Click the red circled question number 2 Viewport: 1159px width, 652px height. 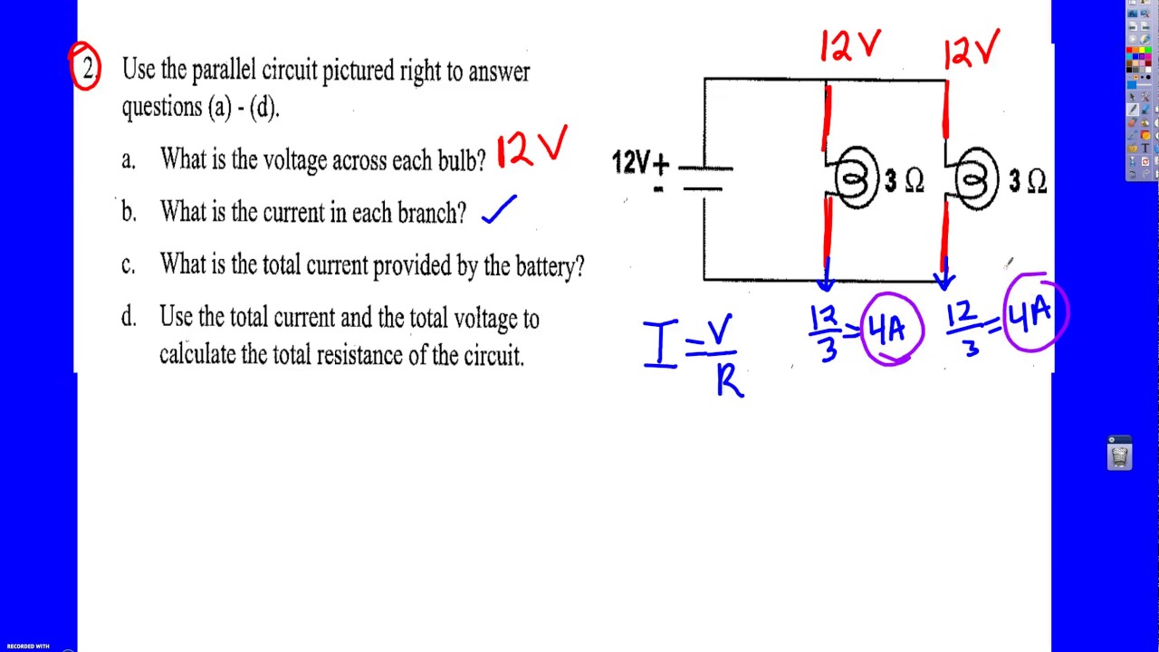[85, 66]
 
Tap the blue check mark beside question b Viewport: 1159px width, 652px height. [499, 209]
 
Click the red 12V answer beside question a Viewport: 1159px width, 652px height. [532, 147]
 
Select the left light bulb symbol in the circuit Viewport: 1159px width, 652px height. [856, 177]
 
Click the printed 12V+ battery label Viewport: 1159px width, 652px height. [640, 163]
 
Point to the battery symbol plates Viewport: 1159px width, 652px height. [704, 178]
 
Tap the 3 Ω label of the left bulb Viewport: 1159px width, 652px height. [904, 181]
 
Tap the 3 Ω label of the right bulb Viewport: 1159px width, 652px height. [1028, 182]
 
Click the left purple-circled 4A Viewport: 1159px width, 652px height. [892, 329]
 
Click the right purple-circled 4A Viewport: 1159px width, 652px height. [1035, 312]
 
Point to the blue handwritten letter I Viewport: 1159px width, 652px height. [661, 343]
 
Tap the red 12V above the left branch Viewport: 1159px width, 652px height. [850, 45]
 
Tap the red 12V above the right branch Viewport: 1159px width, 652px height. [972, 49]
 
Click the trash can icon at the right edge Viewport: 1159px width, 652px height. [1119, 454]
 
